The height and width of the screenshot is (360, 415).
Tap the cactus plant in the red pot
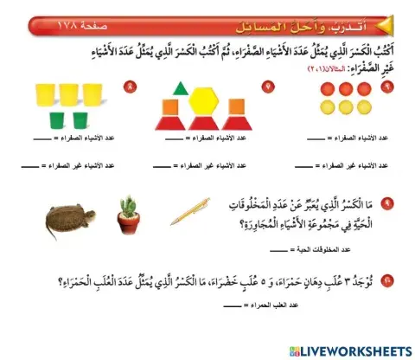[130, 208]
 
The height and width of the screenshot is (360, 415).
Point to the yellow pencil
[188, 212]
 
